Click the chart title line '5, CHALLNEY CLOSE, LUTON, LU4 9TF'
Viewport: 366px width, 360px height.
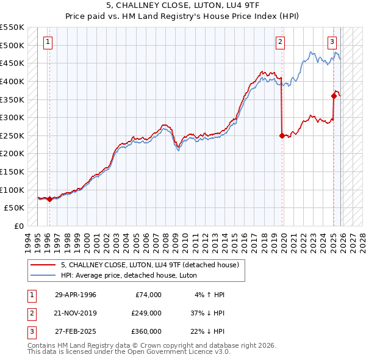(182, 6)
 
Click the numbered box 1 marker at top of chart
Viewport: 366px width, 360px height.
(48, 42)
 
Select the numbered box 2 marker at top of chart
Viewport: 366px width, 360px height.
(280, 42)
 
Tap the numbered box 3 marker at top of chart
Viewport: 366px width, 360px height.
(332, 42)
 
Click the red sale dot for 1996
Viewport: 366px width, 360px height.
(49, 199)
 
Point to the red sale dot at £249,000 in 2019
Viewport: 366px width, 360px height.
(282, 136)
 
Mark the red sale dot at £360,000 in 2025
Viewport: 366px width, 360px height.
(334, 96)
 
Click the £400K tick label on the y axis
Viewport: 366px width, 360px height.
(12, 81)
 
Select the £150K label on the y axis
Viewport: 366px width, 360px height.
(12, 171)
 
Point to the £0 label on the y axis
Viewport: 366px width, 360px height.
(18, 226)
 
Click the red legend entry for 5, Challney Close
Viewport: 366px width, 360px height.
(152, 265)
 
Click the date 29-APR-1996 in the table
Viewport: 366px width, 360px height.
(76, 295)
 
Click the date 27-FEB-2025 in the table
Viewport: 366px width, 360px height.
(76, 331)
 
